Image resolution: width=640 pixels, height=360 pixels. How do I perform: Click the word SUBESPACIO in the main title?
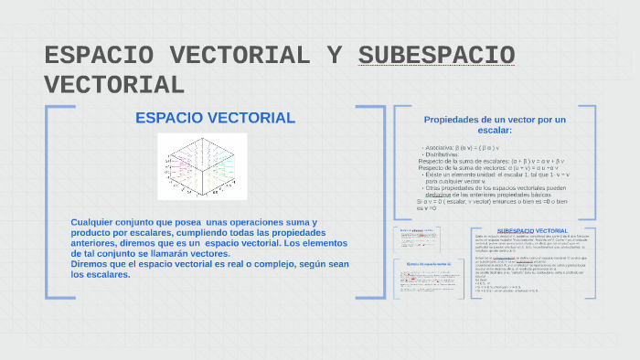click(x=436, y=55)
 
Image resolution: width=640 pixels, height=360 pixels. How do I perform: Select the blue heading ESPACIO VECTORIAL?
click(x=215, y=118)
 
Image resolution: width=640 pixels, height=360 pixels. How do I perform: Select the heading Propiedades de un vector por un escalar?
click(x=495, y=124)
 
